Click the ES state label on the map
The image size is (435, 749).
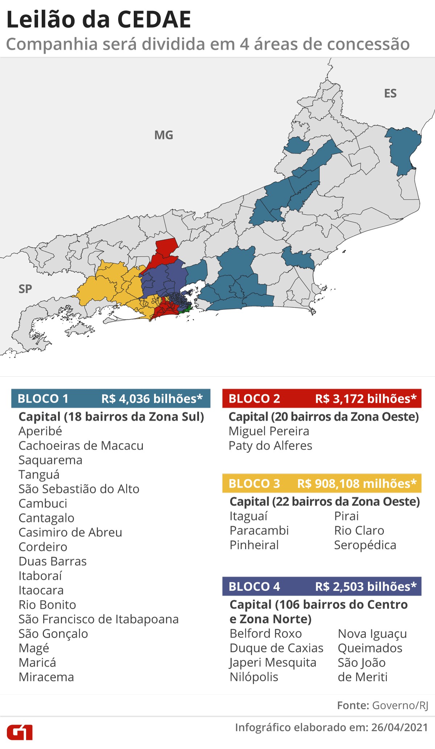390,94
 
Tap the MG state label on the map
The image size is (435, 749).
163,135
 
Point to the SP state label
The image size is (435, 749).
25,289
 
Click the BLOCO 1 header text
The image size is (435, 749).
43,399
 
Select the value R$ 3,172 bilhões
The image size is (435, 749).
366,399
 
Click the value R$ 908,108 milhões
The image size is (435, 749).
357,484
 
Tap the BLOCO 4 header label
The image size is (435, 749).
254,587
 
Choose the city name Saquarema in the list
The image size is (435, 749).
50,460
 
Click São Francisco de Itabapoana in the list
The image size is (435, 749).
99,619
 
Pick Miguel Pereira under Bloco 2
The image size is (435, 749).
269,431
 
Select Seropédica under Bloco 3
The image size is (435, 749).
365,545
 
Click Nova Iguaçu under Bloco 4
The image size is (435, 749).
372,634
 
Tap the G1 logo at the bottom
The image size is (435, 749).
20,732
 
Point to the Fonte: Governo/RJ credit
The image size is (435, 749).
382,705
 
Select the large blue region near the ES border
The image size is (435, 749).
402,149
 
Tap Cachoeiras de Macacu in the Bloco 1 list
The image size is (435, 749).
81,446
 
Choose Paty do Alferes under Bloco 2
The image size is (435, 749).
270,446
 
